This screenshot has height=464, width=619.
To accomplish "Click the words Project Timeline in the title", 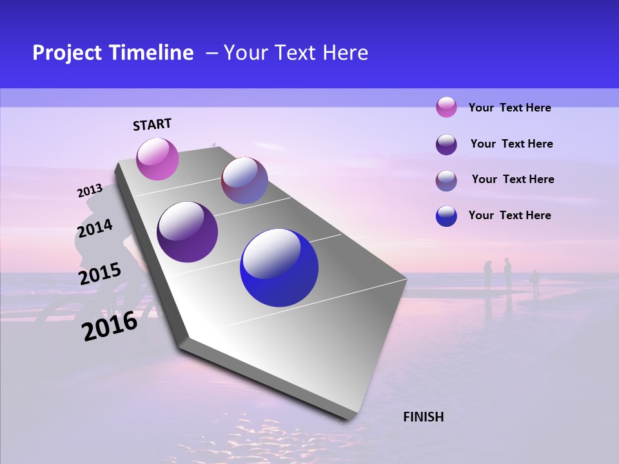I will (113, 53).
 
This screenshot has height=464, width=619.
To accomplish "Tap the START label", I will (152, 124).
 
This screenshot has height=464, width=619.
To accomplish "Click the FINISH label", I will (423, 417).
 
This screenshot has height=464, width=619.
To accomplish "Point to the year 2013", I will (90, 191).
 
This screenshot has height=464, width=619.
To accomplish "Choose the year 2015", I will (100, 273).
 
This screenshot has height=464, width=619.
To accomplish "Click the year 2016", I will (110, 326).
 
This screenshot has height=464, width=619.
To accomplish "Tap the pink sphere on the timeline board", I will (157, 159).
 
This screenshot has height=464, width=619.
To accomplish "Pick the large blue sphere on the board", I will (279, 267).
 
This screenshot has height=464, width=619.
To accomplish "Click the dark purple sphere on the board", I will (187, 232).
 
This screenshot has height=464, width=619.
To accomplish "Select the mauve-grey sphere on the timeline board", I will (244, 180).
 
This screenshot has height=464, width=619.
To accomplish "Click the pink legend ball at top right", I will (446, 107).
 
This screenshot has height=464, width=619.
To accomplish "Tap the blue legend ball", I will (446, 216).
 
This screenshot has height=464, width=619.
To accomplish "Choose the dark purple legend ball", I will (446, 144).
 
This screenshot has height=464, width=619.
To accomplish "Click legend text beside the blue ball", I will (509, 215).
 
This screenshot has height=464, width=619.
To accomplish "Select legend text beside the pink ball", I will (509, 108).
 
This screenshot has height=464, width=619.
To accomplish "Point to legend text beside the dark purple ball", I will (511, 144).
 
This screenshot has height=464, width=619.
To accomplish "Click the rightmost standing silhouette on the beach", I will (535, 282).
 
